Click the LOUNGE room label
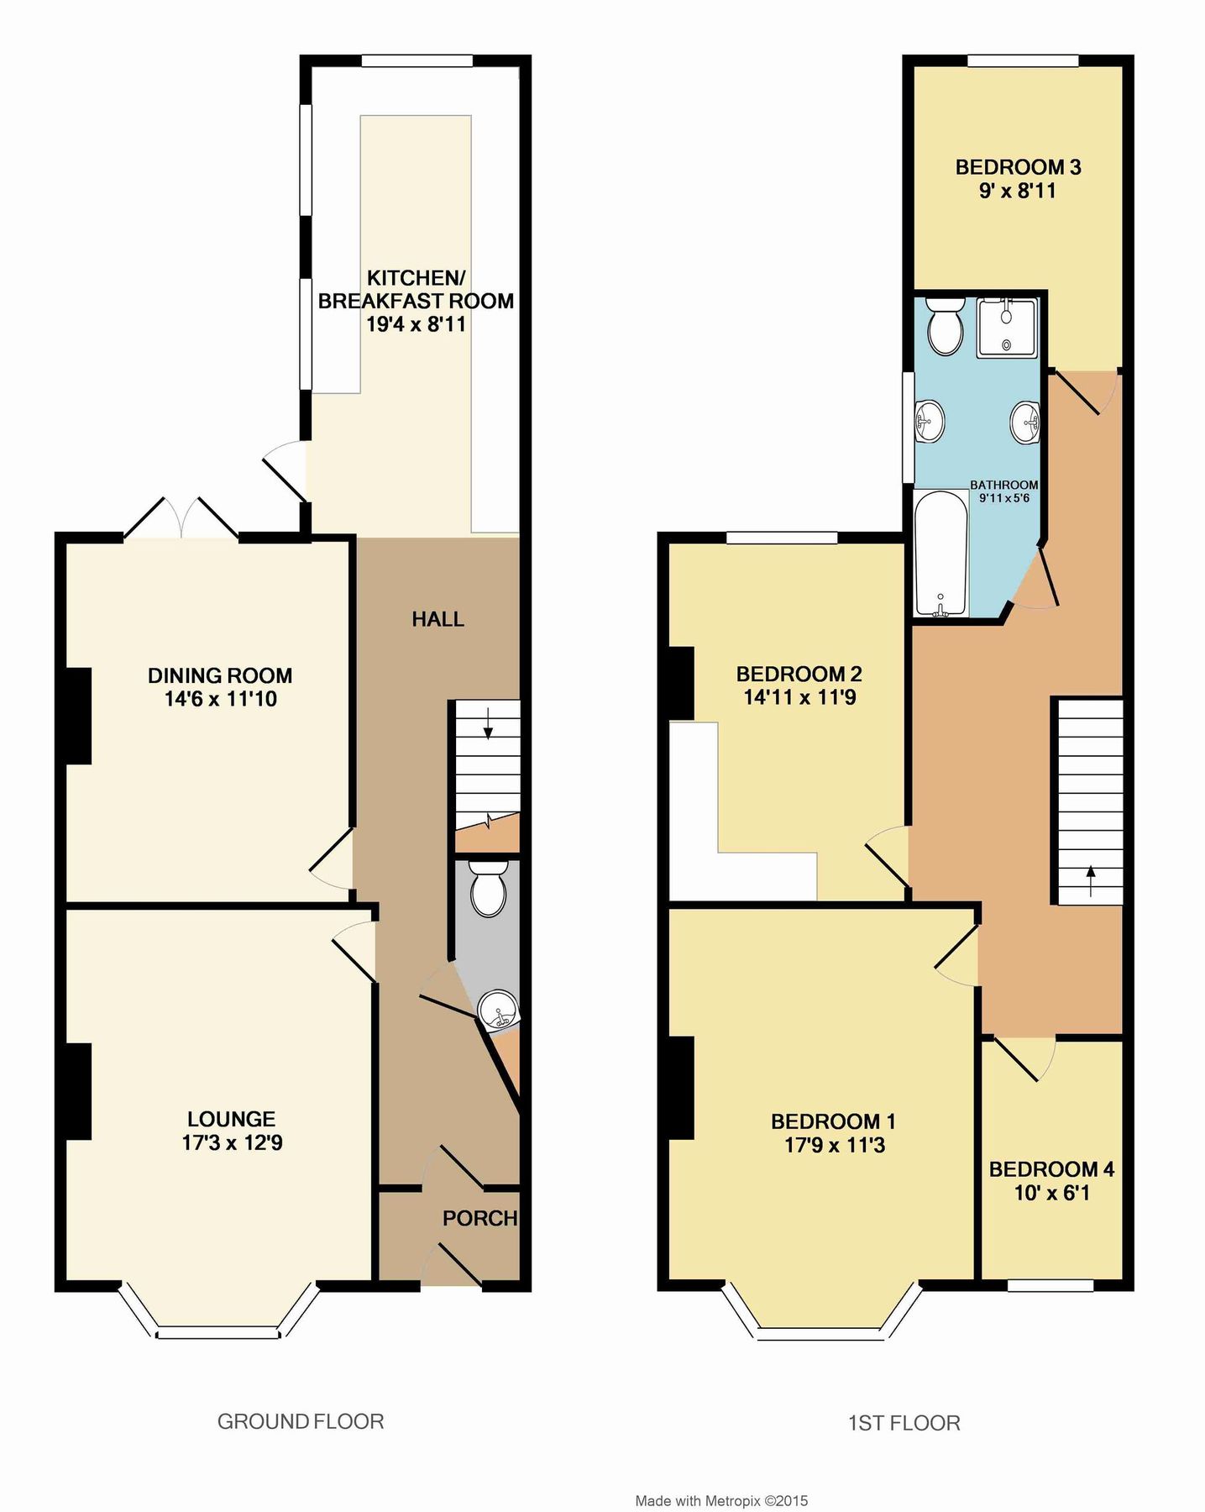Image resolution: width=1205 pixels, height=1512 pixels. tap(231, 1119)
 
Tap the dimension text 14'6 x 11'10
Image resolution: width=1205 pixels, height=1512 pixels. tap(220, 699)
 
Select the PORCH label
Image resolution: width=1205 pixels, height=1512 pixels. tap(479, 1218)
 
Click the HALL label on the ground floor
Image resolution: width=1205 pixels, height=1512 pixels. tap(437, 620)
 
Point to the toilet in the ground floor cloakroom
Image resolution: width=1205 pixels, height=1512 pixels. tap(488, 890)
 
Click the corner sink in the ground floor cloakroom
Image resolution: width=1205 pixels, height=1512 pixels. tap(498, 1009)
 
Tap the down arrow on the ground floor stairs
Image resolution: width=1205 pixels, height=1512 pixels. tap(488, 723)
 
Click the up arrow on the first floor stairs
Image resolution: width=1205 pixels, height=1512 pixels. tap(1090, 881)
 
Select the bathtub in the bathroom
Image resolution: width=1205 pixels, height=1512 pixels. tap(940, 555)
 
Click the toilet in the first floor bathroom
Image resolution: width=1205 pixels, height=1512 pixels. tap(945, 328)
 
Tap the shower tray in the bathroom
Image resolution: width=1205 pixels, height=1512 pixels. tap(1007, 328)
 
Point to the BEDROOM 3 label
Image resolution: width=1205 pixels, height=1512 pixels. tap(1018, 167)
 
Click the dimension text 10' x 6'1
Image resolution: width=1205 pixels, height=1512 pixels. tap(1051, 1193)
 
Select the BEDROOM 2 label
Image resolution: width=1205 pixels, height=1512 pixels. tap(799, 674)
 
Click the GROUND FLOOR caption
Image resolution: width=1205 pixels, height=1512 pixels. tap(301, 1421)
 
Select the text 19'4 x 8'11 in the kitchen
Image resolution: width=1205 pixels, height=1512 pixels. tap(416, 324)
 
